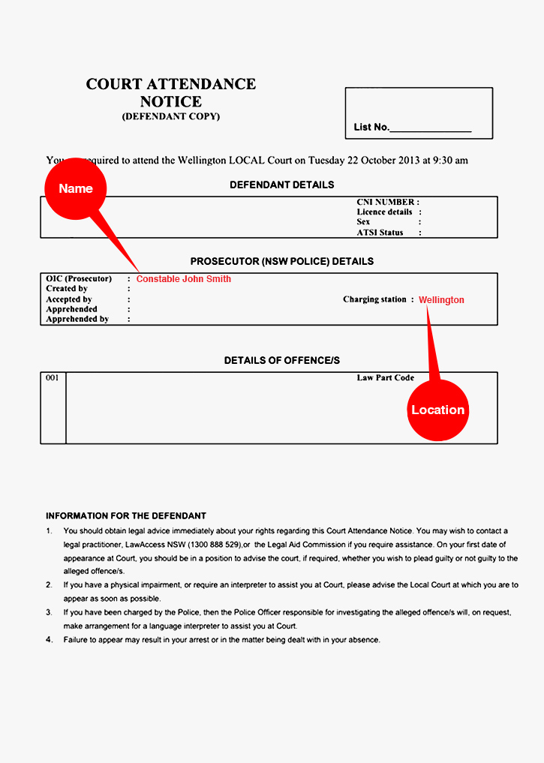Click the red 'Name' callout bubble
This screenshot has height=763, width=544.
pyautogui.click(x=76, y=188)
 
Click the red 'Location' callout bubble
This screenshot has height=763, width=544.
pyautogui.click(x=438, y=410)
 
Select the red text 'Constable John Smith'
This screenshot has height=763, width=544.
pyautogui.click(x=184, y=279)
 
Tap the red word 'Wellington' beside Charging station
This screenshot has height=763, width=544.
pyautogui.click(x=441, y=300)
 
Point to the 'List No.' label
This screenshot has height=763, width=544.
pyautogui.click(x=371, y=128)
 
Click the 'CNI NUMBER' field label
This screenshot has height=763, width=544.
pyautogui.click(x=386, y=203)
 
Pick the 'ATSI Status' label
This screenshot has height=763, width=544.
pyautogui.click(x=380, y=233)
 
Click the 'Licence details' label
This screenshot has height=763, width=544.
pyautogui.click(x=384, y=212)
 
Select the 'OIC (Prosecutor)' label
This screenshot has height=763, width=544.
pyautogui.click(x=79, y=279)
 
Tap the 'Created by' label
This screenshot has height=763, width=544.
pyautogui.click(x=67, y=289)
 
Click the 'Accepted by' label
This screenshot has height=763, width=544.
pyautogui.click(x=68, y=299)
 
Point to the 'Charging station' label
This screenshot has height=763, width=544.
pyautogui.click(x=374, y=299)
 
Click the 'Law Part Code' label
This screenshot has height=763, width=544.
pyautogui.click(x=385, y=378)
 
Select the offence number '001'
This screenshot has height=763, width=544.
pyautogui.click(x=53, y=378)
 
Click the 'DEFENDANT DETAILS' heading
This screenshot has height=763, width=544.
pyautogui.click(x=282, y=185)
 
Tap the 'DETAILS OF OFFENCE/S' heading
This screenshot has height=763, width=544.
pyautogui.click(x=282, y=361)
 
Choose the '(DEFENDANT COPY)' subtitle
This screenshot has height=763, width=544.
pyautogui.click(x=171, y=117)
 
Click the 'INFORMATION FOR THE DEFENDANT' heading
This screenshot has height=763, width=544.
pyautogui.click(x=126, y=516)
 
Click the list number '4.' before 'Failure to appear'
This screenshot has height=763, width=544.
pyautogui.click(x=50, y=640)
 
